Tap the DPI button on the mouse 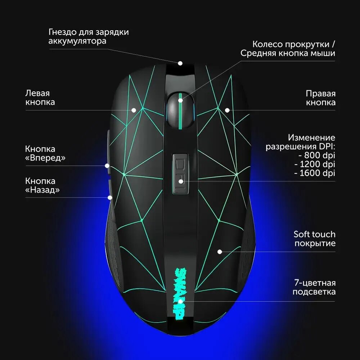[180, 173]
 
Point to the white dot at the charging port [180, 63]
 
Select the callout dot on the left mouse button [134, 110]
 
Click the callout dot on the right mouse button [227, 110]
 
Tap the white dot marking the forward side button [107, 166]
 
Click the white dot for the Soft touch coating [220, 252]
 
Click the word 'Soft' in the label [302, 234]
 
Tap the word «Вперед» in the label [46, 158]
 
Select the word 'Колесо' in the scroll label [267, 44]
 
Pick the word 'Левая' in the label [37, 93]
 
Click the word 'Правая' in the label [320, 94]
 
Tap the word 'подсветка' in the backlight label [314, 292]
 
